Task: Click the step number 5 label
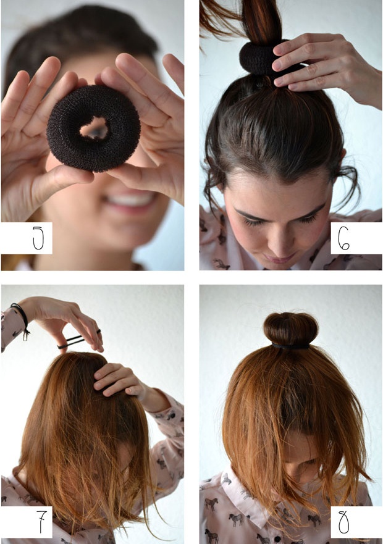coord(38,238)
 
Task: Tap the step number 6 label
coord(343,238)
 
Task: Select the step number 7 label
coord(41,522)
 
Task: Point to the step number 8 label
coord(343,522)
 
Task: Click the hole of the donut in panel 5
coord(95,128)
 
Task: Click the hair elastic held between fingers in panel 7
coord(79,339)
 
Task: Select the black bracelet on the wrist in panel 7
coord(22,319)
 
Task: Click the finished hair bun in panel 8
coord(290,328)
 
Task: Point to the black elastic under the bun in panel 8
coord(290,346)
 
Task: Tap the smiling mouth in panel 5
coord(130,201)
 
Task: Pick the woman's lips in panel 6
coord(279,259)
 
